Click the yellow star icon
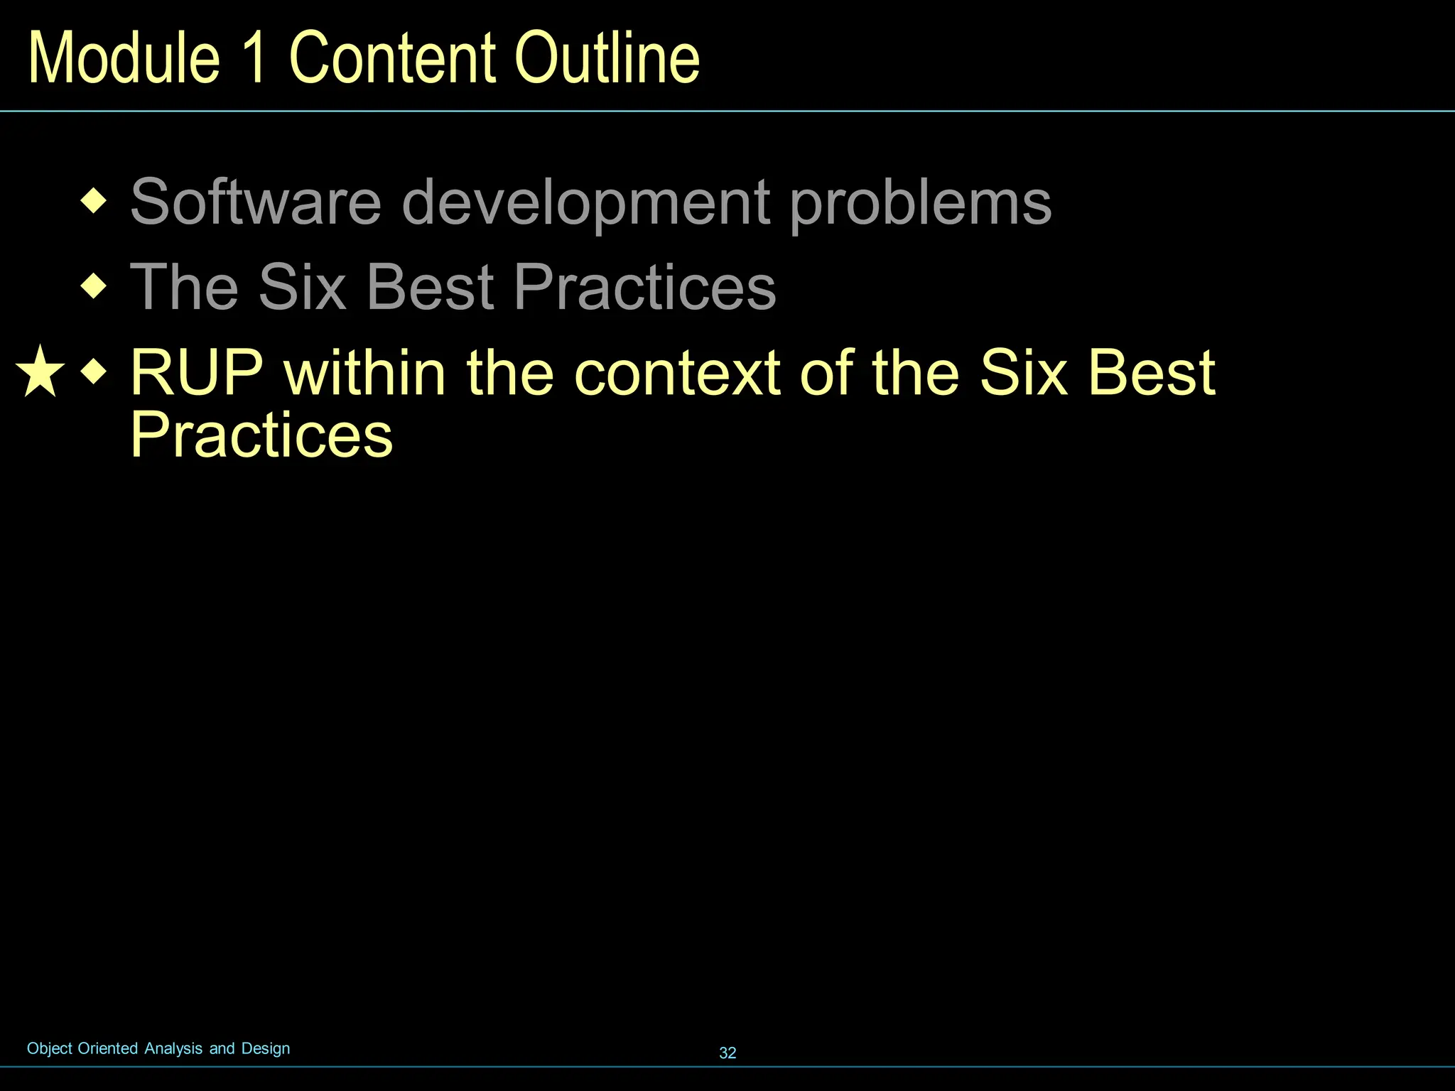(40, 371)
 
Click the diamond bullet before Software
(94, 202)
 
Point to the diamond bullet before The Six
(94, 287)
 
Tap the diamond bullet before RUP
(94, 371)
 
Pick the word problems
(920, 203)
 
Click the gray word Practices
(644, 287)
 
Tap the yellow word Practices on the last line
(261, 435)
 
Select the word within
(364, 372)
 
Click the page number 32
(727, 1053)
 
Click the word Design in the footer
(266, 1048)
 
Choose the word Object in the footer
(50, 1048)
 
